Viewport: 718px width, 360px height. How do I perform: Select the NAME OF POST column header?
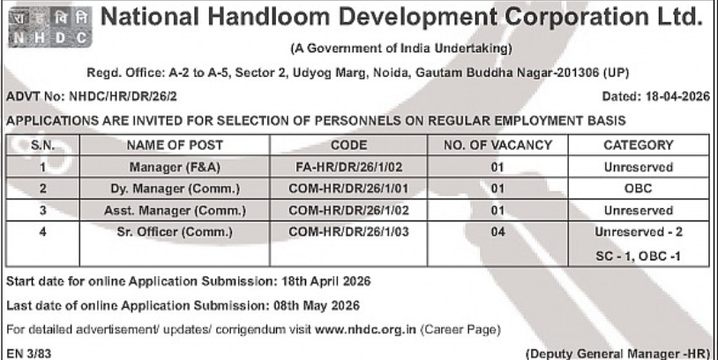175,145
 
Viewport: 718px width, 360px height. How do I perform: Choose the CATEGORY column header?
638,145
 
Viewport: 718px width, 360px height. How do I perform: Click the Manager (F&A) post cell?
175,167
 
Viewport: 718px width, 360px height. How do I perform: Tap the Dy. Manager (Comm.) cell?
175,189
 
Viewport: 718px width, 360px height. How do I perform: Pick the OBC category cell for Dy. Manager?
638,189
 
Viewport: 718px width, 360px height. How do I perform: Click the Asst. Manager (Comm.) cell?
175,211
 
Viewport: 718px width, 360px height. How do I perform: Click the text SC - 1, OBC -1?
638,255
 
